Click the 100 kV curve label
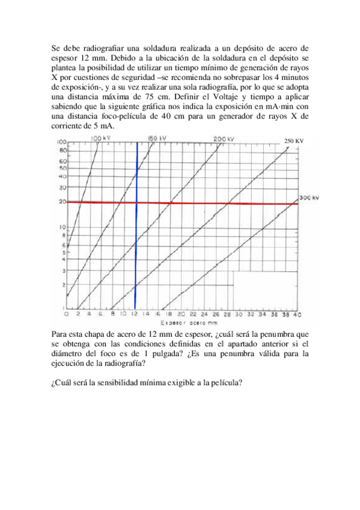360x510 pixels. click(100, 138)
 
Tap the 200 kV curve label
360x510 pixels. click(224, 139)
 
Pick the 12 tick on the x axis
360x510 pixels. click(135, 315)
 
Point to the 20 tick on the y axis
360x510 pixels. click(61, 202)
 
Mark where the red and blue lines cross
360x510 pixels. click(136, 203)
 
